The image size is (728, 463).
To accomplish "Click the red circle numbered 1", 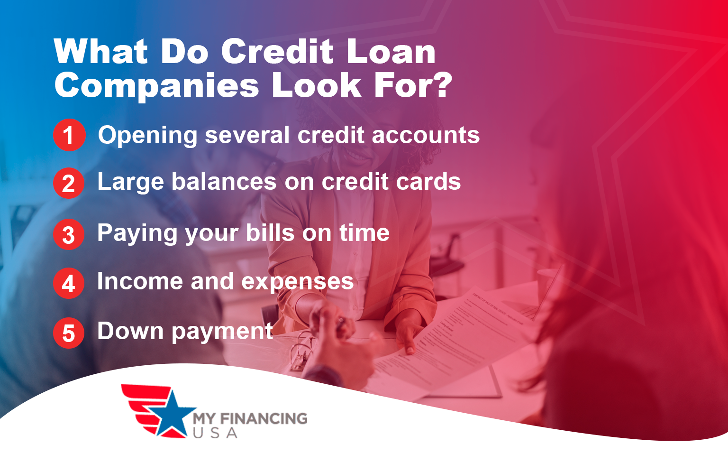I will pyautogui.click(x=69, y=135).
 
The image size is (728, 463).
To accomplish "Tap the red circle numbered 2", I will pyautogui.click(x=69, y=183).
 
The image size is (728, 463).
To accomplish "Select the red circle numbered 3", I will pyautogui.click(x=69, y=234).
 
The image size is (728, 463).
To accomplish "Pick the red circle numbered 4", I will pyautogui.click(x=69, y=283).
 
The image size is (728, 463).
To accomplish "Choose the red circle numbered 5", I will pyautogui.click(x=69, y=333).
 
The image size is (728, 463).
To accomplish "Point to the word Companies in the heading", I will pyautogui.click(x=157, y=86).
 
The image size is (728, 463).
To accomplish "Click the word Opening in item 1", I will pyautogui.click(x=147, y=136).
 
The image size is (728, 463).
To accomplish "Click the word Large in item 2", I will pyautogui.click(x=130, y=183).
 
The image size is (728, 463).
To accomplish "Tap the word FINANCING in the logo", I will pyautogui.click(x=264, y=418).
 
